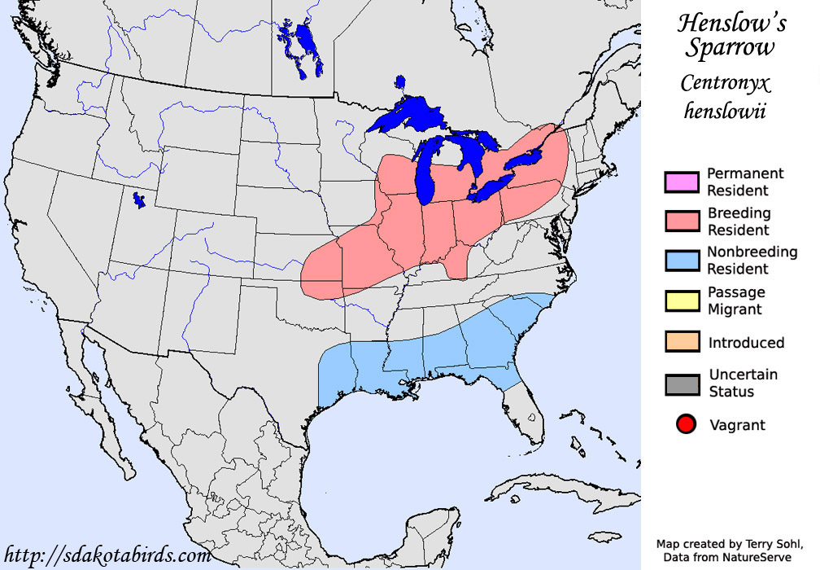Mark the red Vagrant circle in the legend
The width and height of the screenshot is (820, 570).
tap(686, 424)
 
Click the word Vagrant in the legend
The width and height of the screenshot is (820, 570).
tap(737, 424)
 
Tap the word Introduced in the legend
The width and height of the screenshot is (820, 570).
tap(746, 343)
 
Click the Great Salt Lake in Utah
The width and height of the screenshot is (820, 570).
tap(139, 199)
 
